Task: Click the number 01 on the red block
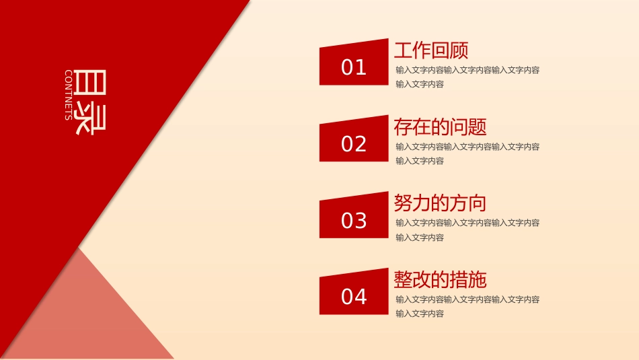(354, 67)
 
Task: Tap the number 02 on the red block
(354, 144)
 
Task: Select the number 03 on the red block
(354, 220)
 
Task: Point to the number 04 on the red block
(354, 296)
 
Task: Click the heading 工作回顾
(430, 50)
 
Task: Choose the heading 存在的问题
(440, 127)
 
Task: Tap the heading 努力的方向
(440, 203)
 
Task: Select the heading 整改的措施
(440, 280)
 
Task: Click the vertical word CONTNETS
(69, 95)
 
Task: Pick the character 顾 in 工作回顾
(459, 50)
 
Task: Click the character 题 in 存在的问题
(478, 127)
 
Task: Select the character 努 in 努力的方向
(403, 203)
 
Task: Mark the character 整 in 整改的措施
(403, 280)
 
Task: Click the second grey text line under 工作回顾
(420, 84)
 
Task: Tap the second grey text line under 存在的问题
(420, 161)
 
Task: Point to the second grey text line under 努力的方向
(420, 238)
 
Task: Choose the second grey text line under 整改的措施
(420, 314)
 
